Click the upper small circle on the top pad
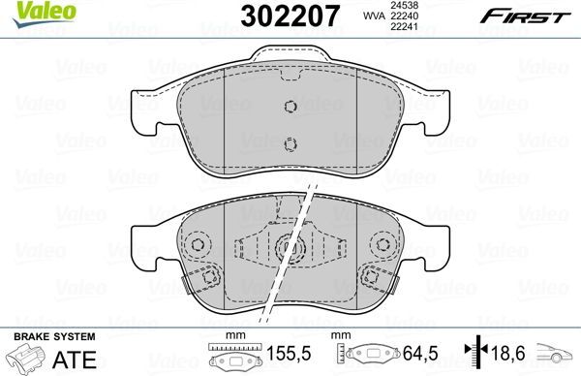[288, 109]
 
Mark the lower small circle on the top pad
[288, 145]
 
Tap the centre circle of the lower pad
[288, 250]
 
